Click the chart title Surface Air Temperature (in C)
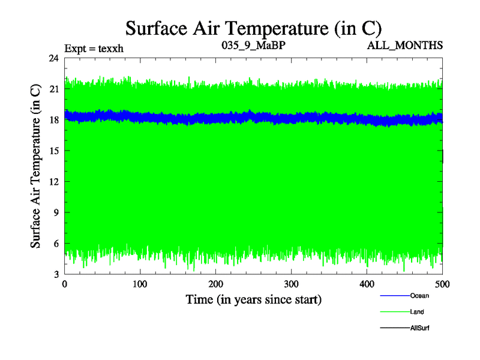(253, 28)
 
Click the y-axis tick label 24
(53, 59)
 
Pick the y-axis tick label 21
(53, 89)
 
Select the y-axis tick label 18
(53, 120)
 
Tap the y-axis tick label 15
(53, 151)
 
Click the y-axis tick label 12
(53, 182)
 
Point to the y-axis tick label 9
(56, 212)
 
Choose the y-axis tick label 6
(56, 243)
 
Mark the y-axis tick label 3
(56, 274)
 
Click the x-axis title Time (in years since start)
(253, 299)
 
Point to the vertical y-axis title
(36, 166)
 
